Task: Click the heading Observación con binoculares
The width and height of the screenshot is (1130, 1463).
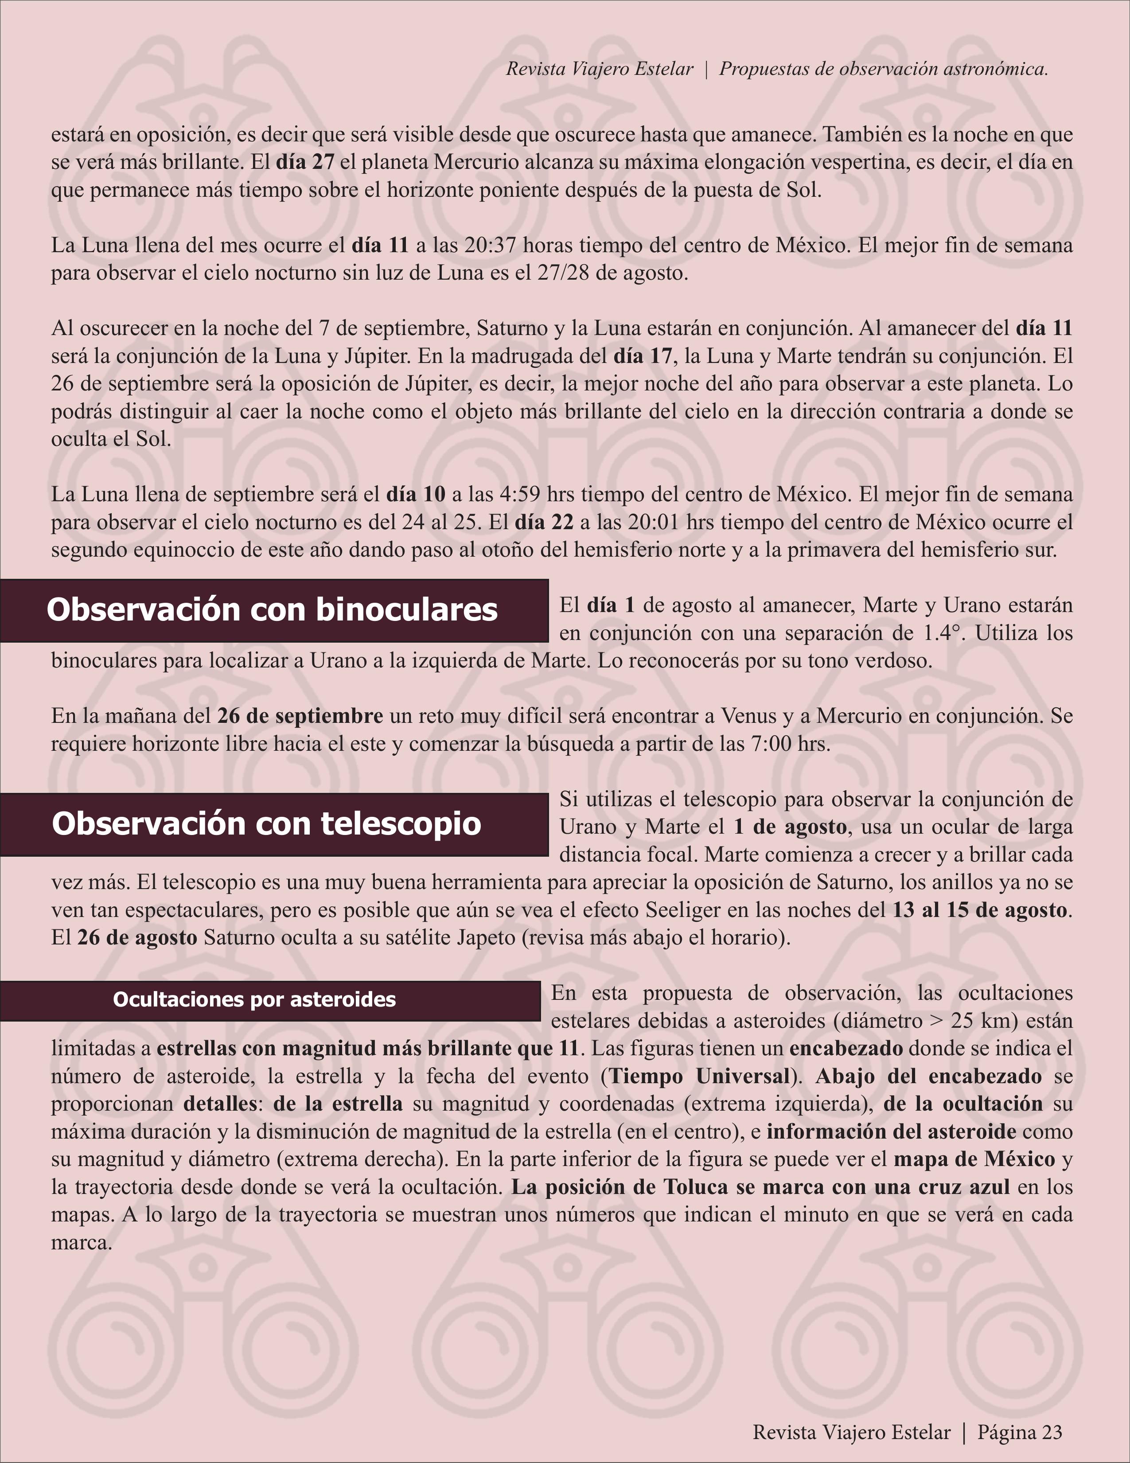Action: tap(272, 610)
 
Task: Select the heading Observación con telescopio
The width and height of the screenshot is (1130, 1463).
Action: tap(267, 824)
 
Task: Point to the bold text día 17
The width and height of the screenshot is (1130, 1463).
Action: tap(643, 356)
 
